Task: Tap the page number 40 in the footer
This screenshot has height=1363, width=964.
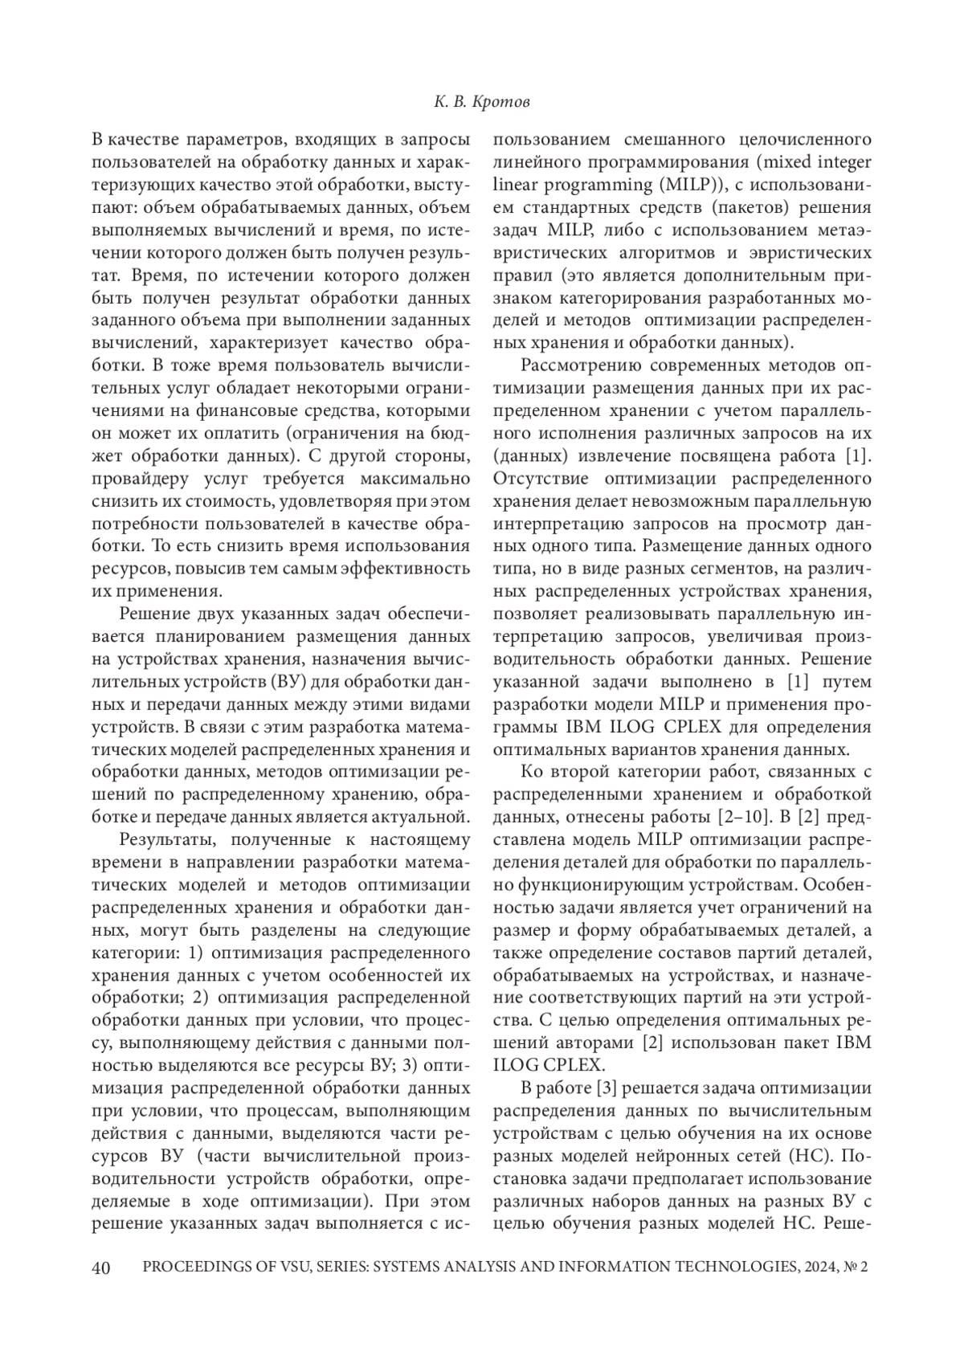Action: tap(102, 1267)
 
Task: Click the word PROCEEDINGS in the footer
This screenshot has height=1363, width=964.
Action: tap(191, 1267)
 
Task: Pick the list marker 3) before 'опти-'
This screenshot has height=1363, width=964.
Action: tap(410, 1066)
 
